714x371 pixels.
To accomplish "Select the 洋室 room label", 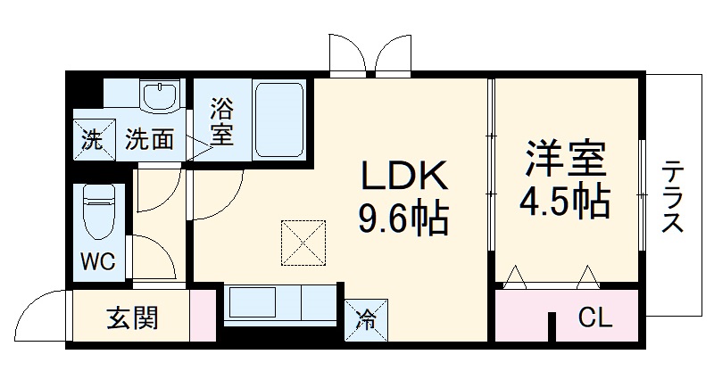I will click(565, 158).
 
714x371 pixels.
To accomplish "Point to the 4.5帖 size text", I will click(565, 202).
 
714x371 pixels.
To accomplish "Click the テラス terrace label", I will click(673, 197).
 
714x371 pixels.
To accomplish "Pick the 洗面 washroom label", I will click(148, 140).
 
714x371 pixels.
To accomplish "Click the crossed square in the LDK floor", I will click(304, 243).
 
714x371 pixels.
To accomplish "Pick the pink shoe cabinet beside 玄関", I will click(203, 315).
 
